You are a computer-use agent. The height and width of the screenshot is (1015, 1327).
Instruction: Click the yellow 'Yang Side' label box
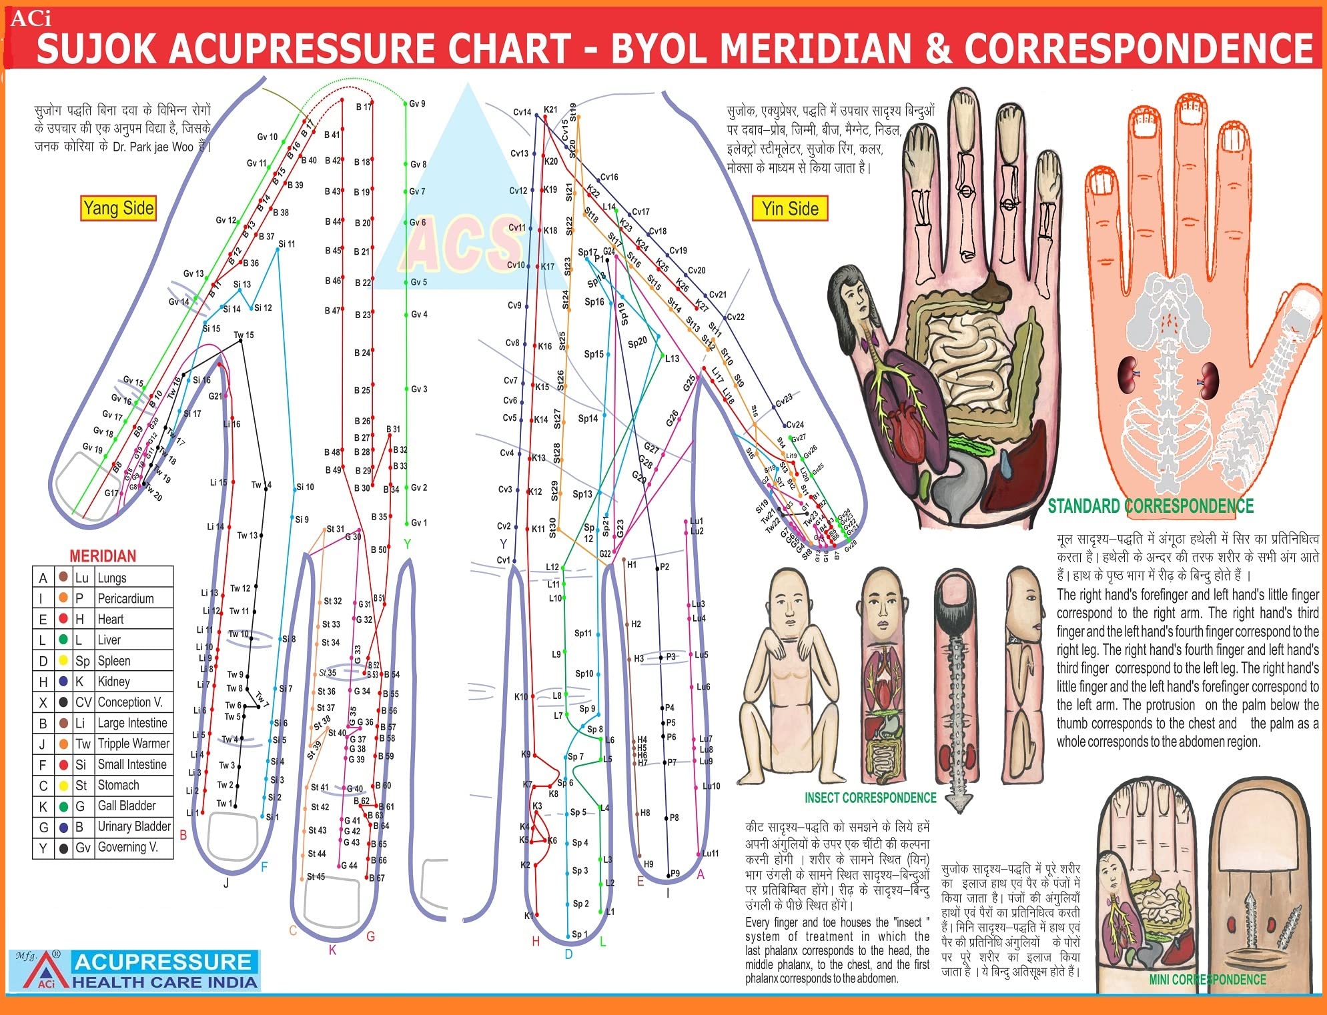119,208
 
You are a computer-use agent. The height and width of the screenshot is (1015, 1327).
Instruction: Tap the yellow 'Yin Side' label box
790,209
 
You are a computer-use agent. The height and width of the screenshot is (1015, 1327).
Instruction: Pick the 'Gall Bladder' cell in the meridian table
127,806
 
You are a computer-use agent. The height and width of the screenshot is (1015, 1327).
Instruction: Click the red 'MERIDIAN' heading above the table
103,556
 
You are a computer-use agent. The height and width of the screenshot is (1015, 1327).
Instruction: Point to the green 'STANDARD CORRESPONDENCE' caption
1150,506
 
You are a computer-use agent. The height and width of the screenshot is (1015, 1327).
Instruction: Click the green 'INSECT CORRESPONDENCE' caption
870,798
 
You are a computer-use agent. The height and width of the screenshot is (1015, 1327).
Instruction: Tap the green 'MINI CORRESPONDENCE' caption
1207,979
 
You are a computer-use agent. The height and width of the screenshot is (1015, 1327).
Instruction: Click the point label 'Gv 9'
417,104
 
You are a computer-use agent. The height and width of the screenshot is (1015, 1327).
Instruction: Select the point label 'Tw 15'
244,335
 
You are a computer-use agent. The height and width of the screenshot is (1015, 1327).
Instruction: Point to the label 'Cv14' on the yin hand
522,112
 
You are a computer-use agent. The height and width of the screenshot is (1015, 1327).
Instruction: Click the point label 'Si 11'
287,244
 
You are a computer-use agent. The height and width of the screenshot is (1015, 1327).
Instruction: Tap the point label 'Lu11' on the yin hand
711,853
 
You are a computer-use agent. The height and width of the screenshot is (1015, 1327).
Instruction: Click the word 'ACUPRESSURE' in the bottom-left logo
163,962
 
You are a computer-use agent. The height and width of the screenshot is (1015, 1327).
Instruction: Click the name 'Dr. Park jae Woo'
153,147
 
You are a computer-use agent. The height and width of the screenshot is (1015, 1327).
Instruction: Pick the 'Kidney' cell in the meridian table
113,682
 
